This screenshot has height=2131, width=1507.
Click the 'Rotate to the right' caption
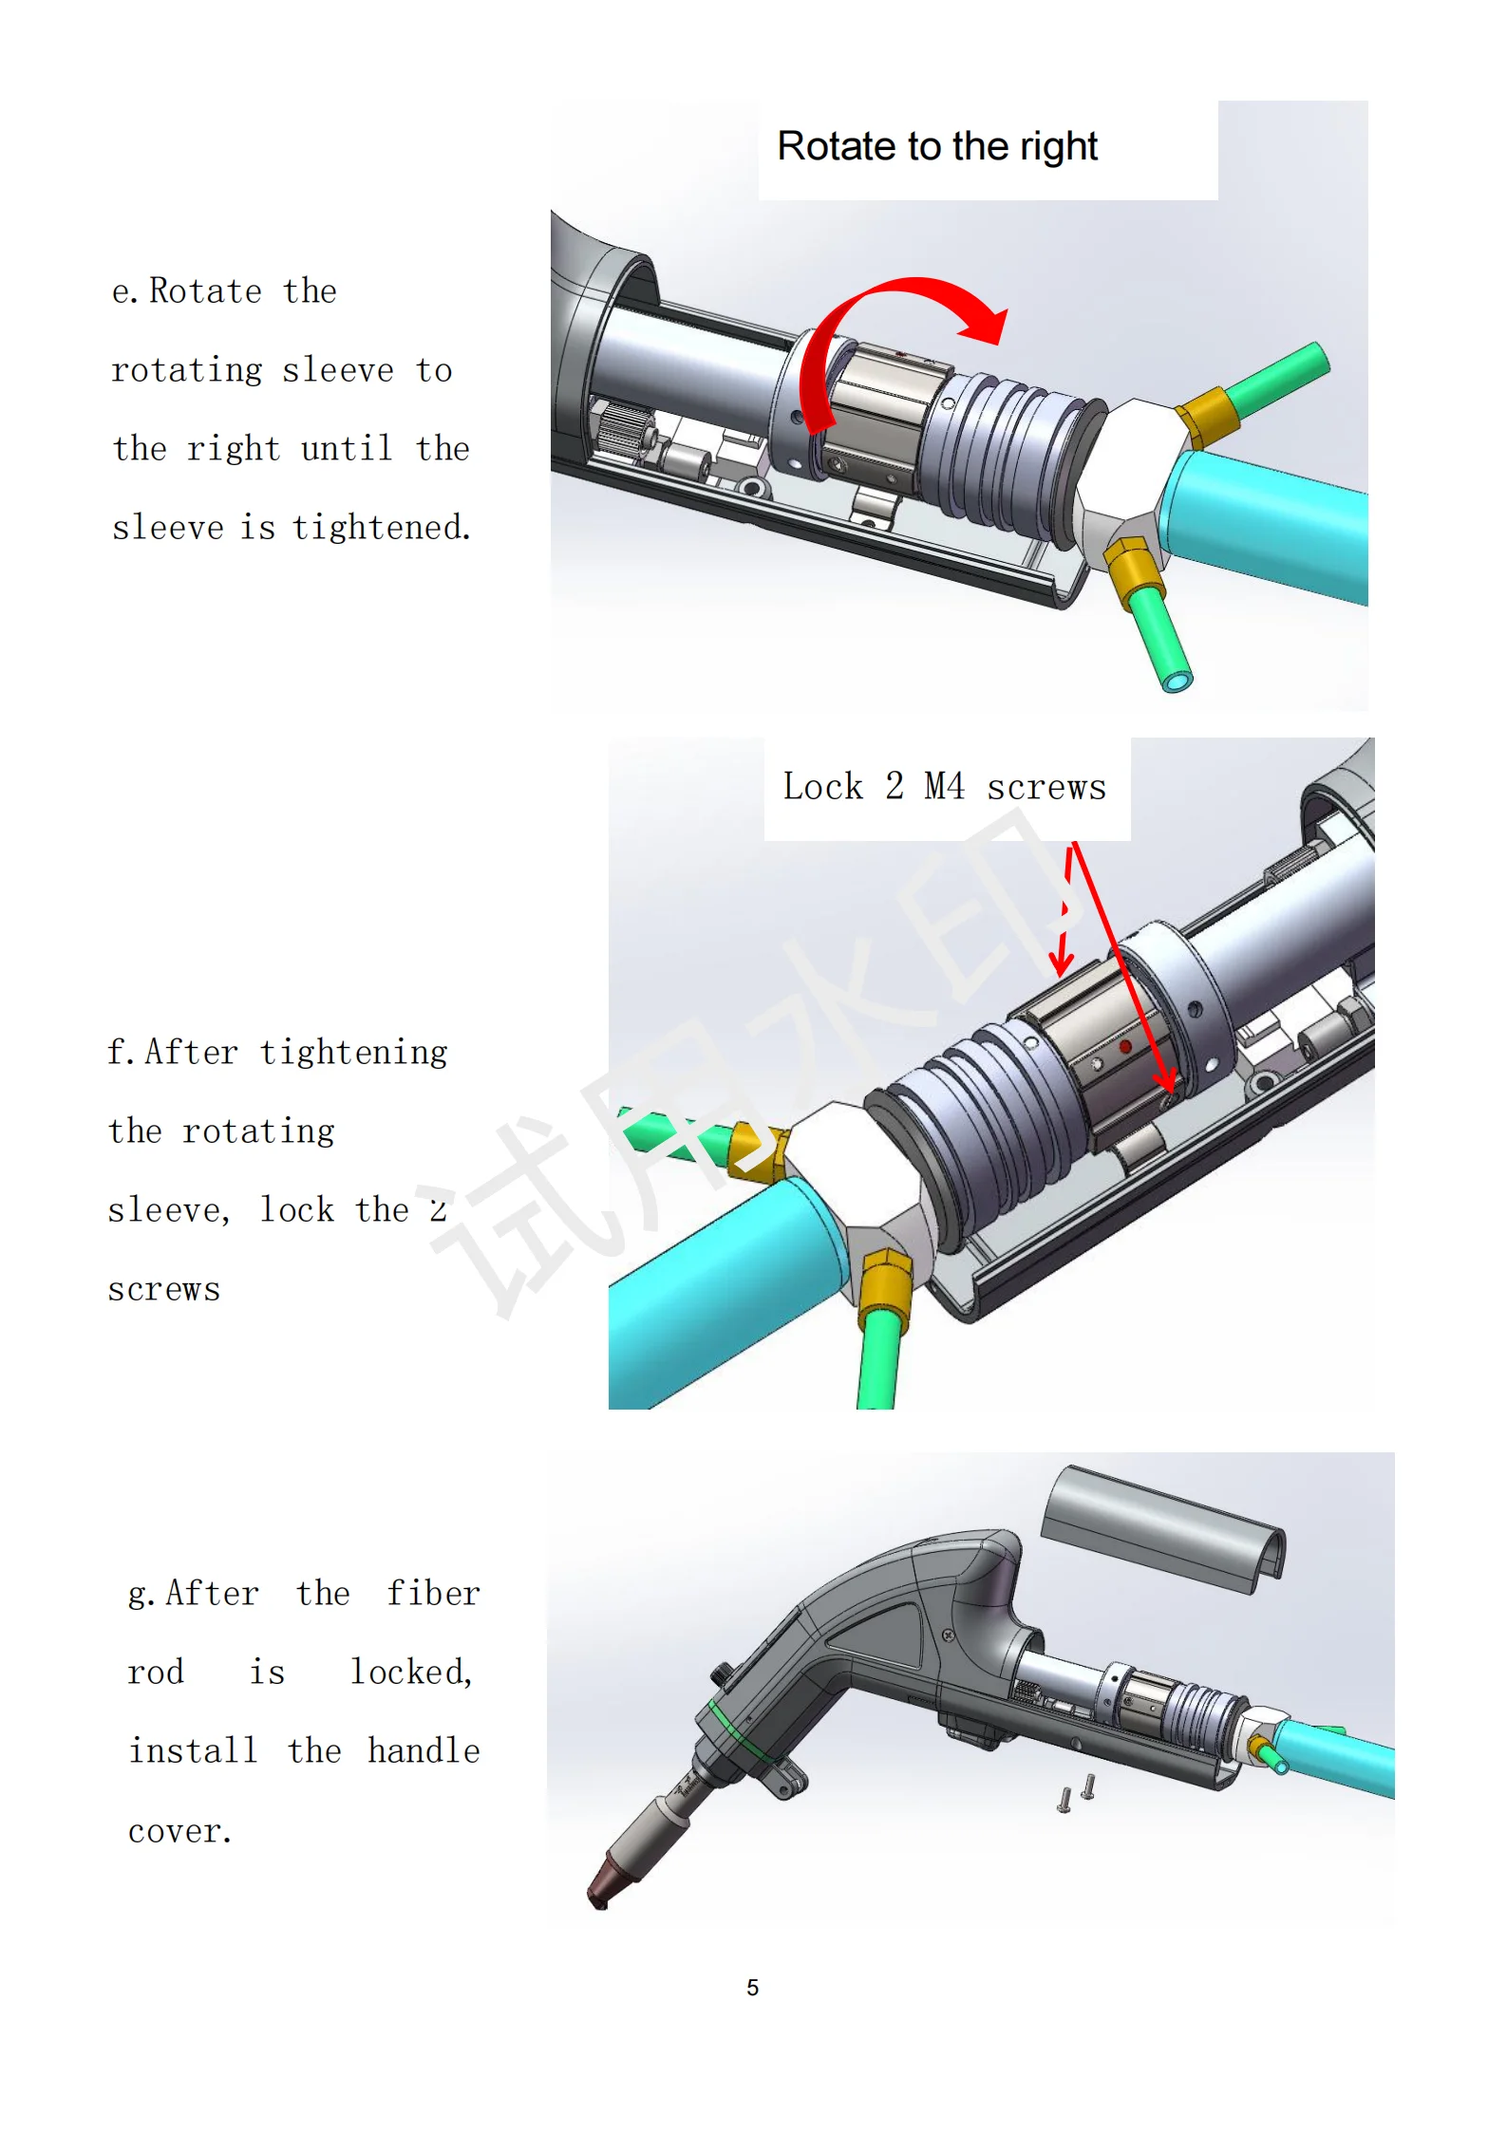pyautogui.click(x=937, y=147)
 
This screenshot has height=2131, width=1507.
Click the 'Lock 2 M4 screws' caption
pyautogui.click(x=945, y=787)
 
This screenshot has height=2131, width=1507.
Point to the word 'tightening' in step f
pyautogui.click(x=353, y=1053)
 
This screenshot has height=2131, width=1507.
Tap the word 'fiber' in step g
pyautogui.click(x=433, y=1594)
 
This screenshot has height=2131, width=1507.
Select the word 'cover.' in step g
pyautogui.click(x=180, y=1831)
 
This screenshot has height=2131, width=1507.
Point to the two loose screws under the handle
pyautogui.click(x=1077, y=1793)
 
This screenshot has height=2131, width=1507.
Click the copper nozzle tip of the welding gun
pyautogui.click(x=604, y=1887)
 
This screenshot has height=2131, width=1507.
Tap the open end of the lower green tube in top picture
pyautogui.click(x=1177, y=681)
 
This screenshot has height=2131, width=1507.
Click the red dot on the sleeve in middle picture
pyautogui.click(x=1125, y=1046)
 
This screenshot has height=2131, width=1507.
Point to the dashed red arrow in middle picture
pyautogui.click(x=1064, y=911)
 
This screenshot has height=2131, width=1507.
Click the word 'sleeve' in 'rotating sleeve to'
pyautogui.click(x=338, y=370)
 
